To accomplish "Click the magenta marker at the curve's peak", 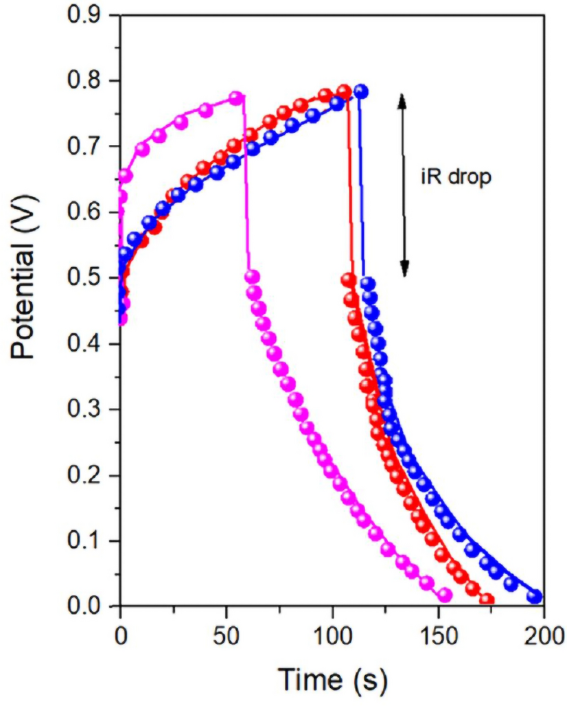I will click(x=236, y=98).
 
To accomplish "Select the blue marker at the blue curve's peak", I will click(x=360, y=92).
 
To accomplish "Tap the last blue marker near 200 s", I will click(x=535, y=596).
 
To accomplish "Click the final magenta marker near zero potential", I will click(x=445, y=595).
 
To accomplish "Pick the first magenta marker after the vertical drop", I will click(x=252, y=277).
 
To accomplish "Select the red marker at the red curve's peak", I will click(x=344, y=91).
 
